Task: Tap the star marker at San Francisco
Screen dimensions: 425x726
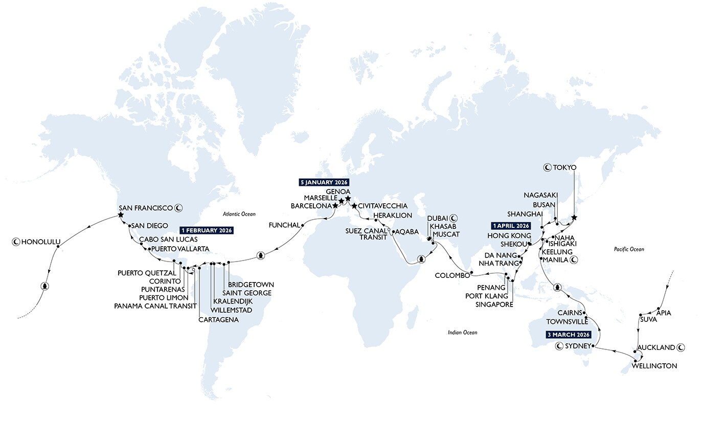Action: (121, 215)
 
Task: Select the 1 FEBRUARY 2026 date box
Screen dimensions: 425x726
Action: (207, 230)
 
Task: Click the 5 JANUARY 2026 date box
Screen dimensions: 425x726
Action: (324, 182)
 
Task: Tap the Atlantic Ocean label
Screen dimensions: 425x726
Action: (239, 214)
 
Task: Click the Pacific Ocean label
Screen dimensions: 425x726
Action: (629, 249)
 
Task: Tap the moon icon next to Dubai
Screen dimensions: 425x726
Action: (454, 218)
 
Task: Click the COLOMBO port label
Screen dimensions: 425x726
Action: (452, 275)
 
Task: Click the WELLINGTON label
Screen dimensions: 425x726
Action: (654, 366)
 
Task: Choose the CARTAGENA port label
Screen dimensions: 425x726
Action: (218, 320)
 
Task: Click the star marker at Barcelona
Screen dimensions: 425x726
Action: (335, 205)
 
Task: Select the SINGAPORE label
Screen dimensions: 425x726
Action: (493, 304)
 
